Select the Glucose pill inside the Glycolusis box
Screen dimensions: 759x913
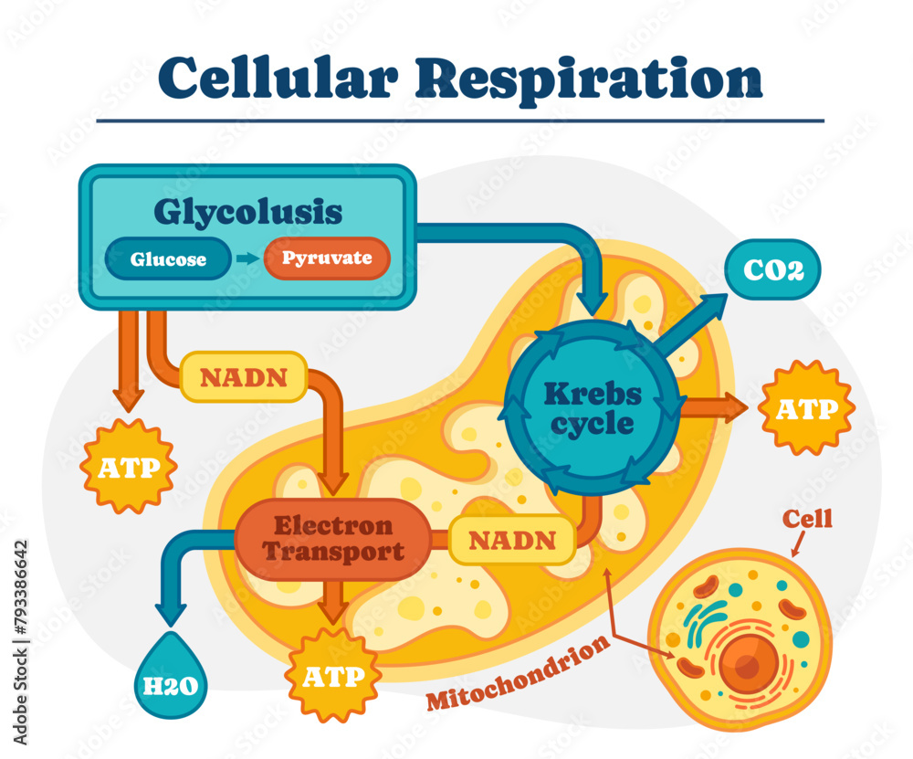(168, 259)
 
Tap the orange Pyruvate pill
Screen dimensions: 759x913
(327, 258)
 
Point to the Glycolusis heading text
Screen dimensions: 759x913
(248, 212)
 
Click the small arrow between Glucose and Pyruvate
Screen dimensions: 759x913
(247, 259)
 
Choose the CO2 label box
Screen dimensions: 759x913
(772, 271)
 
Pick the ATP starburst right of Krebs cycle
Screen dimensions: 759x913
(806, 408)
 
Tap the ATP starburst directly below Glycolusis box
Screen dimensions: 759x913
(128, 467)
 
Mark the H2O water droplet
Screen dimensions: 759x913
(171, 677)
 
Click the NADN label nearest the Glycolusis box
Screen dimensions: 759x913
(244, 377)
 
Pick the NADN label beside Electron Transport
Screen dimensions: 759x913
(511, 540)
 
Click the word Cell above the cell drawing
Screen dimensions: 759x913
(808, 519)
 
